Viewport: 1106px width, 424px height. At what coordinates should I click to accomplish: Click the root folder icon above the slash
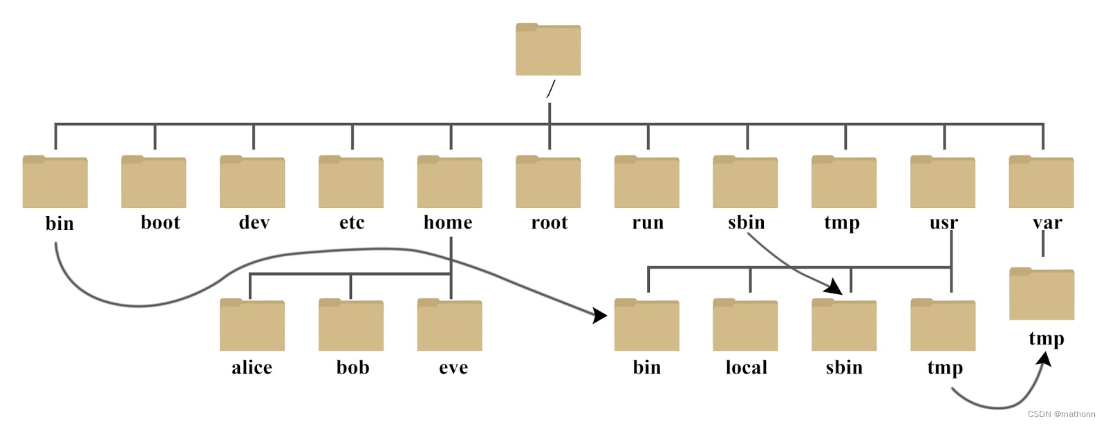click(x=548, y=50)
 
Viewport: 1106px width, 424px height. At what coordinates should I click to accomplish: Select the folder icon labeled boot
click(x=153, y=182)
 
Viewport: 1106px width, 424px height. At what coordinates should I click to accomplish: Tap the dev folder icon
click(x=252, y=182)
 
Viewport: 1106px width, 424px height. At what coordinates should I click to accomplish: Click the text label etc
click(x=351, y=222)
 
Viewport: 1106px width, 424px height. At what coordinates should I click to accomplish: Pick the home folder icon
click(x=449, y=182)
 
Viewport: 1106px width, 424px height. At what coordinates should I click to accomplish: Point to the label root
click(x=549, y=222)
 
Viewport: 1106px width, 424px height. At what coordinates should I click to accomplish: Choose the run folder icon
click(x=647, y=182)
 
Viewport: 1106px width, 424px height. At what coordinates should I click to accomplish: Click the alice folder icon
click(x=252, y=325)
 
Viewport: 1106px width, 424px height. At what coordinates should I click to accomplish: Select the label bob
click(x=353, y=367)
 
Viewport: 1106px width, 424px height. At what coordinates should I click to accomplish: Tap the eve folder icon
click(x=449, y=325)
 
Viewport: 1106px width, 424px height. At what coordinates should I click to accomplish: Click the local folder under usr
click(x=745, y=325)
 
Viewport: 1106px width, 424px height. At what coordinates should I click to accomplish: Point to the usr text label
click(x=944, y=222)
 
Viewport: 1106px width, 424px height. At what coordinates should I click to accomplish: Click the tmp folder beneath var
click(x=1042, y=294)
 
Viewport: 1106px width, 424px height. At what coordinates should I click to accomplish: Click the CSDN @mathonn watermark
click(x=1061, y=414)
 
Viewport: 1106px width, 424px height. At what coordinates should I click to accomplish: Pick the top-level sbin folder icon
click(x=745, y=182)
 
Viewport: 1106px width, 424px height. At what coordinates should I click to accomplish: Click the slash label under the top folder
click(x=550, y=89)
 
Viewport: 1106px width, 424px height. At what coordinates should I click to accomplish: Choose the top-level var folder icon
click(x=1041, y=182)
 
